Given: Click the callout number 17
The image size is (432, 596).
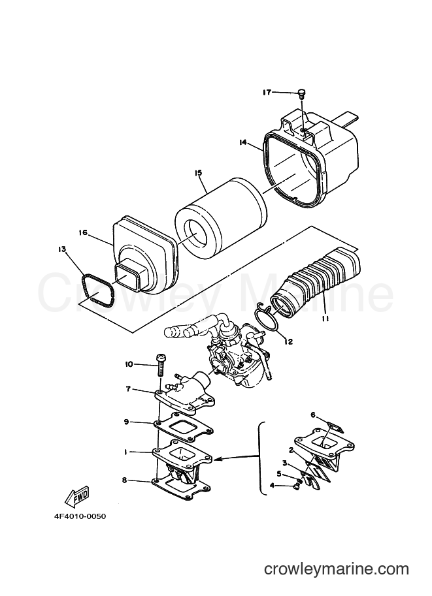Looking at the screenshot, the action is (267, 92).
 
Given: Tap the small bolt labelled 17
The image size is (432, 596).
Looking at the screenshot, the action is (302, 93).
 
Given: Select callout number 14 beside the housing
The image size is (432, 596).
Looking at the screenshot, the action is (243, 142).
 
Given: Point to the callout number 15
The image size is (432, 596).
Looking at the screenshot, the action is (198, 172).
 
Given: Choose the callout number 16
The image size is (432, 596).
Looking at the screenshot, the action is (83, 232).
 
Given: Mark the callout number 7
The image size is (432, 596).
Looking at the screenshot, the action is (128, 389).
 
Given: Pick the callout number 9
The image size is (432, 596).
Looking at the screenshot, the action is (128, 422).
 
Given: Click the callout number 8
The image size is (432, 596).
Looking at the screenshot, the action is (124, 480).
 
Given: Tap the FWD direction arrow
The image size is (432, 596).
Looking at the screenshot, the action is (76, 496).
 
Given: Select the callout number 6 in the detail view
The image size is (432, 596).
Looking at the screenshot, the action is (313, 415).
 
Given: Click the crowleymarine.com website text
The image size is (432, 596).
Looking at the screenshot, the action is (337, 569).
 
